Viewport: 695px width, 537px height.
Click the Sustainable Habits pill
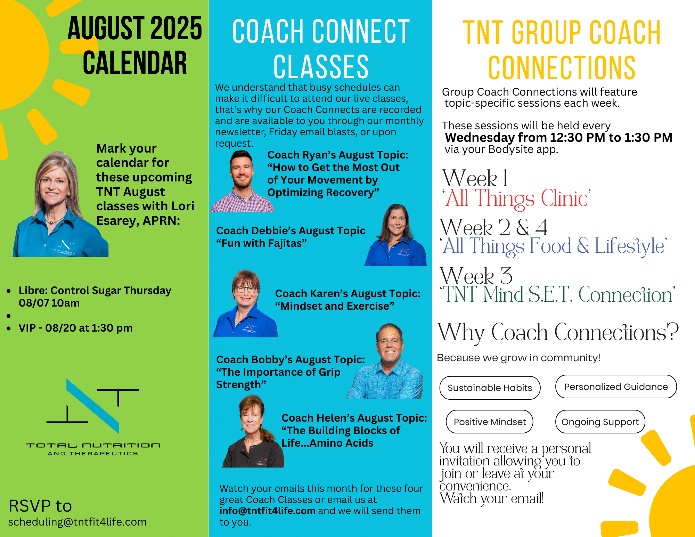(x=490, y=388)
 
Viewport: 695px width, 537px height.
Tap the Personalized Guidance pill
(x=616, y=387)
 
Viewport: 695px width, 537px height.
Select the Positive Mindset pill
(x=490, y=422)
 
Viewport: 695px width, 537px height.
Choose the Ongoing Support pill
(x=600, y=422)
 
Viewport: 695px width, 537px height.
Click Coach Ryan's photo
(x=243, y=181)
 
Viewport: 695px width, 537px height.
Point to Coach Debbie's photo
(x=396, y=235)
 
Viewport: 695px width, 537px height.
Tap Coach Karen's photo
(x=246, y=303)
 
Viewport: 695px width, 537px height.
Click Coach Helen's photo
(x=253, y=431)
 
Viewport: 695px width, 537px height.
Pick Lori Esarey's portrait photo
(x=60, y=204)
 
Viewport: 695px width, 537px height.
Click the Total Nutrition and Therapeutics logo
(x=93, y=417)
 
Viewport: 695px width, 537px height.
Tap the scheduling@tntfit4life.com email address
(x=77, y=522)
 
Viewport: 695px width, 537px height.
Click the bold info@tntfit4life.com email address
(x=267, y=511)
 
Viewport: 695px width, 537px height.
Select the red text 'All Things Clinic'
(x=517, y=198)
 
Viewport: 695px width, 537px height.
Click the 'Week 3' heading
(x=476, y=276)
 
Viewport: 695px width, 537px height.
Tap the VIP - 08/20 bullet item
(x=75, y=328)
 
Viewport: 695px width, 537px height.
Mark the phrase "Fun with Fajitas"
(x=261, y=243)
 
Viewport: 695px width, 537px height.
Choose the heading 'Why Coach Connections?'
(x=558, y=333)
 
